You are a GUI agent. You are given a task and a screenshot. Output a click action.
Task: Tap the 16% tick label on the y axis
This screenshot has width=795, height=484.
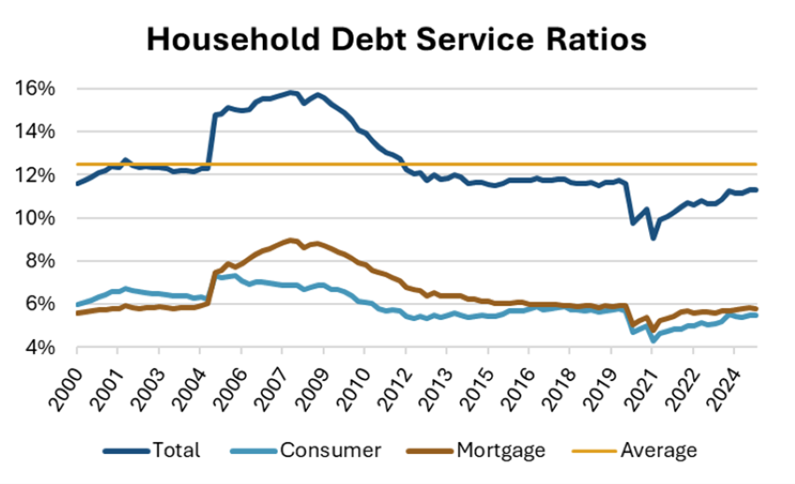click(35, 89)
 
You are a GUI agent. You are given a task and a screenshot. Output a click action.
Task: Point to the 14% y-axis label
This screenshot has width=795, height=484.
click(35, 132)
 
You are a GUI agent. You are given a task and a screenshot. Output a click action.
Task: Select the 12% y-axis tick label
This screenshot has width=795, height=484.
click(35, 175)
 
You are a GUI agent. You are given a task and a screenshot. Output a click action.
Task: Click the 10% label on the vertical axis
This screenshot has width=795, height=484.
click(35, 218)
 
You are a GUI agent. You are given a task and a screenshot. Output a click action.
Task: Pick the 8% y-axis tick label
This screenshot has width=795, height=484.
click(39, 261)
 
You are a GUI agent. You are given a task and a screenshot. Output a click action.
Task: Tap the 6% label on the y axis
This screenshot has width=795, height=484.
click(39, 304)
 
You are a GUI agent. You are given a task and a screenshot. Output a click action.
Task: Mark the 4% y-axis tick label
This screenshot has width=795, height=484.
click(39, 347)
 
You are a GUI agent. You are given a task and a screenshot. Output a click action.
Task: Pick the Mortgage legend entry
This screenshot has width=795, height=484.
click(500, 450)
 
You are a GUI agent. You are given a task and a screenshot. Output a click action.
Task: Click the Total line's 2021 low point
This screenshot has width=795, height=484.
click(653, 238)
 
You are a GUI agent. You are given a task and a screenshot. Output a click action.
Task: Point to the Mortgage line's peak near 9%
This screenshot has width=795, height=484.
click(291, 240)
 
